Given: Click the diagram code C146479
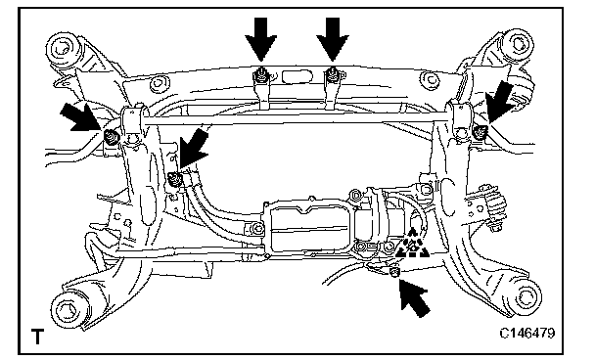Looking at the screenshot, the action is tap(527, 333).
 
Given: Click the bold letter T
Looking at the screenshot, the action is tap(37, 337).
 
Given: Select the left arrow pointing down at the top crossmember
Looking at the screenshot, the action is tap(260, 39).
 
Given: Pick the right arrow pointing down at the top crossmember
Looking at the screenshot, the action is tap(333, 39).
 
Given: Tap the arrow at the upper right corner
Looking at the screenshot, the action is tap(500, 102).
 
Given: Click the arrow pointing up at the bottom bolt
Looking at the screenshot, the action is tap(414, 297).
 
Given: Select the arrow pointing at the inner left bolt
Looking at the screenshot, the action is tap(193, 149).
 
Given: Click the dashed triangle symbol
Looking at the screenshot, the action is tap(412, 244).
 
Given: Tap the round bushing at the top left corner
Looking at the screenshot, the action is tap(64, 49).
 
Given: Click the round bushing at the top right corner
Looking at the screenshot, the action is tap(518, 44).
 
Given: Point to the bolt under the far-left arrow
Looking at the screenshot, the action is tap(112, 137).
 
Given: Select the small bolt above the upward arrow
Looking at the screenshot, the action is tap(394, 272).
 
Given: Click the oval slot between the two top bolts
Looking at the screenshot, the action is tap(297, 76).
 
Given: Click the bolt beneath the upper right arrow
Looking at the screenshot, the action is tap(481, 132).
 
